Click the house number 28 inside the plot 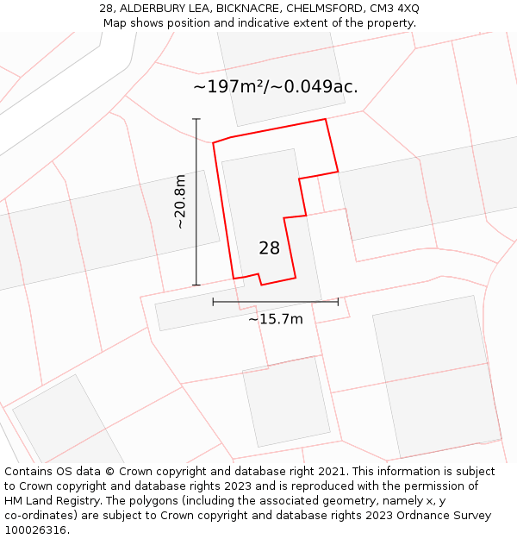pos(269,248)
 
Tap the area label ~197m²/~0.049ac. pos(275,87)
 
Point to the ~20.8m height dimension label pos(180,201)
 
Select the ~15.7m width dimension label pos(276,319)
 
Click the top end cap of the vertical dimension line pos(196,119)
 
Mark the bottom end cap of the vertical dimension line pos(196,285)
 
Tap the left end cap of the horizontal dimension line pos(213,302)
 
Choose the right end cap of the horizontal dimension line pos(338,302)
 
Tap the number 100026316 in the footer pos(35,530)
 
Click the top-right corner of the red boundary pos(326,119)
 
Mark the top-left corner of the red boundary pos(213,142)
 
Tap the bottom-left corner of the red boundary pos(234,279)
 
